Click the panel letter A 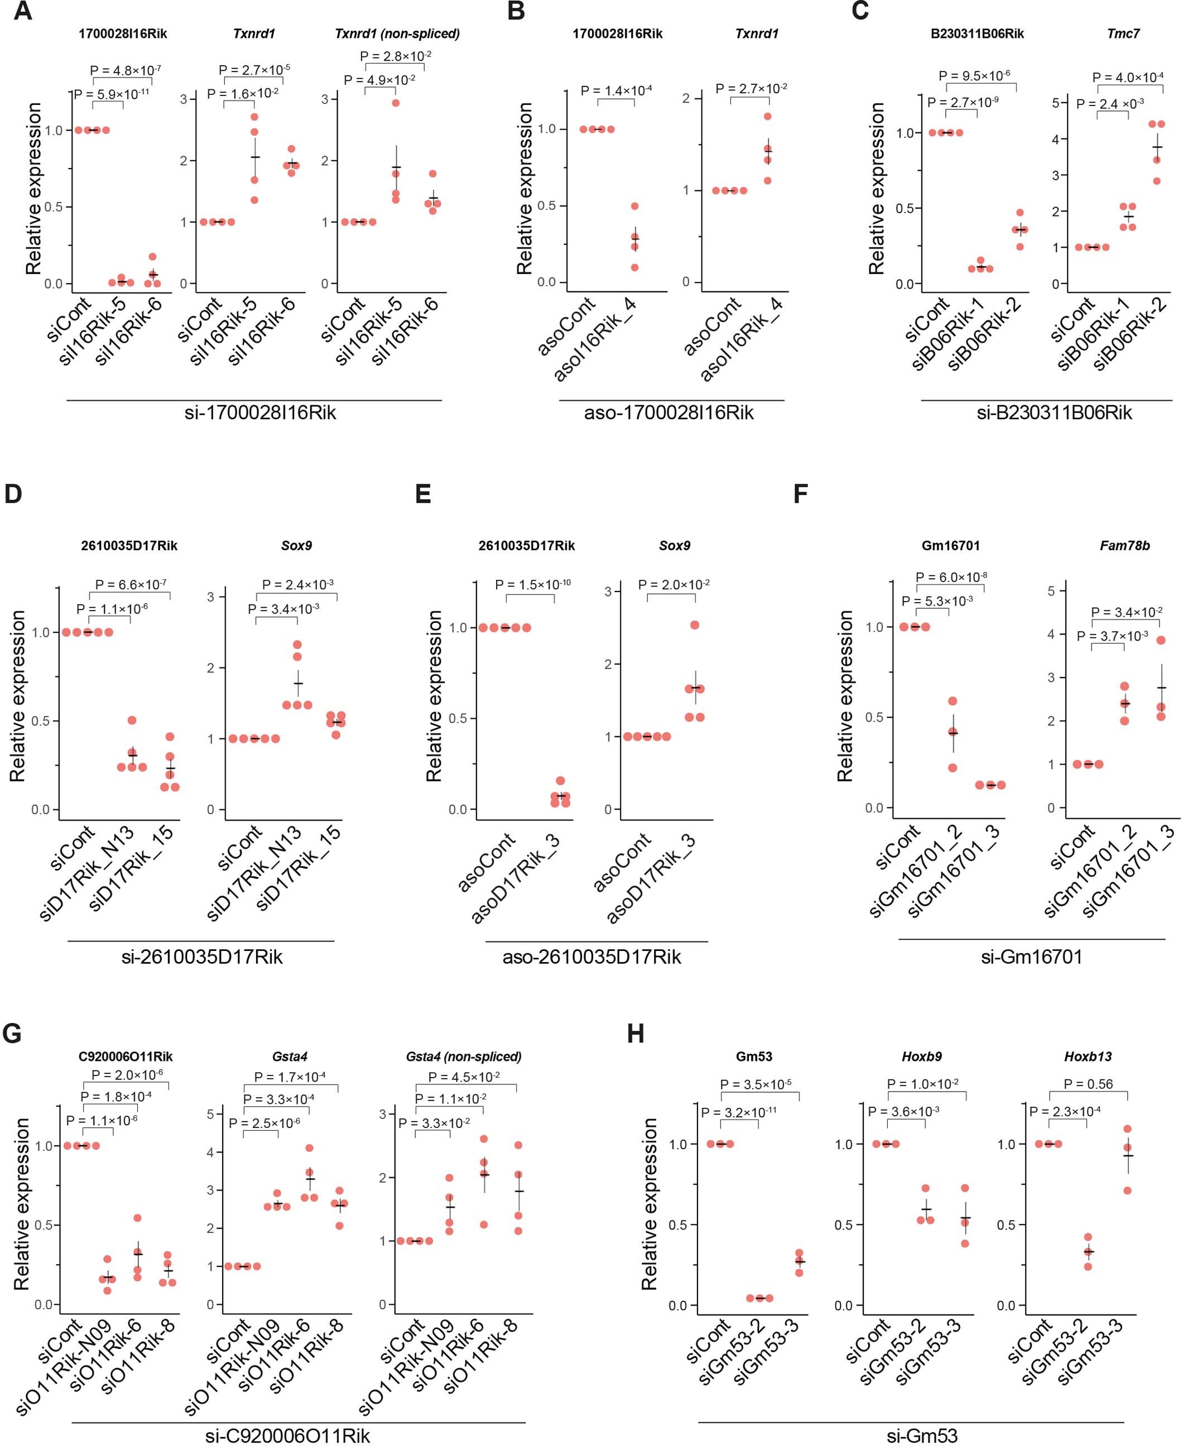tap(22, 12)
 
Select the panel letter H tap(634, 1034)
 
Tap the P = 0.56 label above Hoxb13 tap(1088, 1083)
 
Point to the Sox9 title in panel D tap(296, 545)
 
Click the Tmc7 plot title tap(1123, 33)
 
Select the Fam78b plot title tap(1124, 545)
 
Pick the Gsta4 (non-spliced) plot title tap(463, 1056)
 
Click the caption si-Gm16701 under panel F tap(1031, 957)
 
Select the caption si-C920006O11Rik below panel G tap(287, 1436)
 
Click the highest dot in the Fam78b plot tap(1161, 640)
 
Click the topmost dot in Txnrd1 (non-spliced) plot tap(395, 103)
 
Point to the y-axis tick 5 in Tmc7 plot tap(1055, 103)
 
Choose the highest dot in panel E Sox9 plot tap(694, 625)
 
